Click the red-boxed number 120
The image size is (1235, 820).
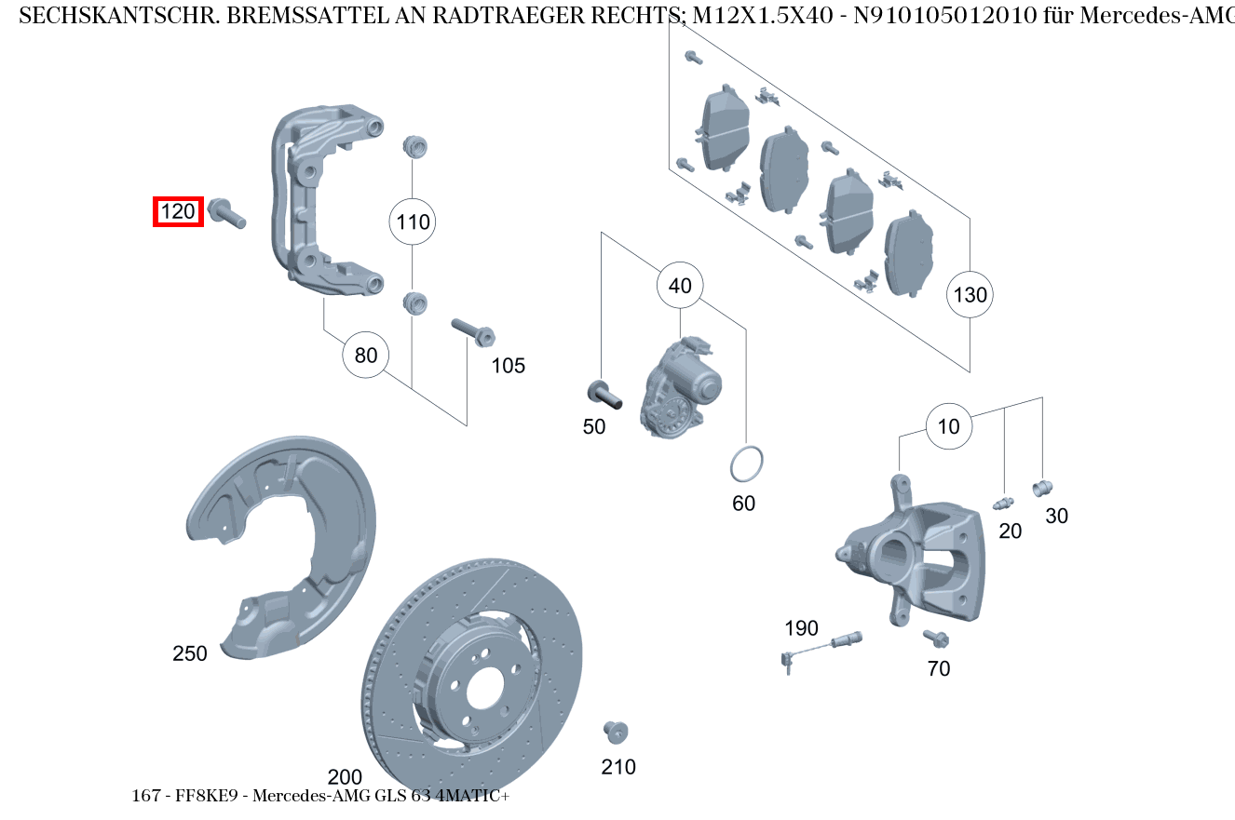[178, 212]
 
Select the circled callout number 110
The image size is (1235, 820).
[413, 222]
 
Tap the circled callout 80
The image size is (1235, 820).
[366, 355]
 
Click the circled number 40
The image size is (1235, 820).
[680, 286]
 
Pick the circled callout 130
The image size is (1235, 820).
[970, 295]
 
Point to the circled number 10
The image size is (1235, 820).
[948, 427]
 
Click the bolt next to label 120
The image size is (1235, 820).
[227, 213]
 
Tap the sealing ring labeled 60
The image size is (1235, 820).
[745, 464]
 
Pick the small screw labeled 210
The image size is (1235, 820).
[615, 732]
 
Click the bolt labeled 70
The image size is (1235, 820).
[935, 639]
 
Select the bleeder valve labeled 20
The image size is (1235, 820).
[1003, 504]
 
